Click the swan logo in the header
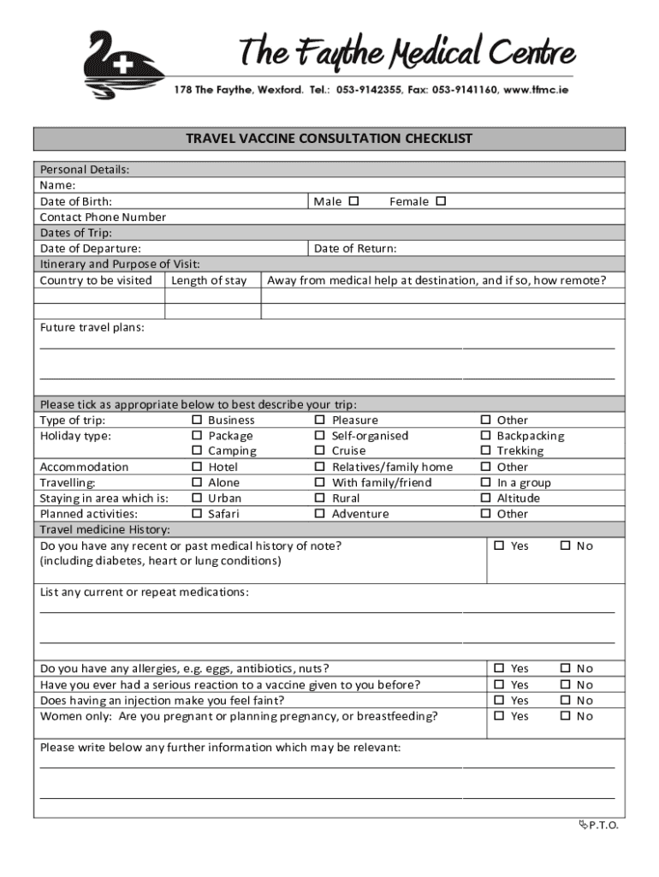[x=119, y=66]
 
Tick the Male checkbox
[x=354, y=201]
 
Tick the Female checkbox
[x=441, y=201]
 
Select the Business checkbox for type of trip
[x=197, y=421]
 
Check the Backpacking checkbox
[x=485, y=436]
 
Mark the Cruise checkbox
[x=320, y=451]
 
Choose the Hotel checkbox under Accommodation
[x=197, y=468]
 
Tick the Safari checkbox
[x=197, y=515]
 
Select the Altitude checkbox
[x=485, y=498]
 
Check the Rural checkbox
[x=320, y=498]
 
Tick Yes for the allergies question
[x=500, y=669]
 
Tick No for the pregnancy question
[x=565, y=717]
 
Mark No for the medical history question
[x=565, y=546]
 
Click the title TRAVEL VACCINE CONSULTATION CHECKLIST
[x=329, y=139]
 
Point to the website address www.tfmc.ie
[x=537, y=90]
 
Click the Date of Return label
[x=355, y=248]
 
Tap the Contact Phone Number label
[x=103, y=218]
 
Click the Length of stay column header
[x=209, y=281]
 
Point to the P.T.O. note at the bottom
[x=598, y=825]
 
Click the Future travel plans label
[x=92, y=328]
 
